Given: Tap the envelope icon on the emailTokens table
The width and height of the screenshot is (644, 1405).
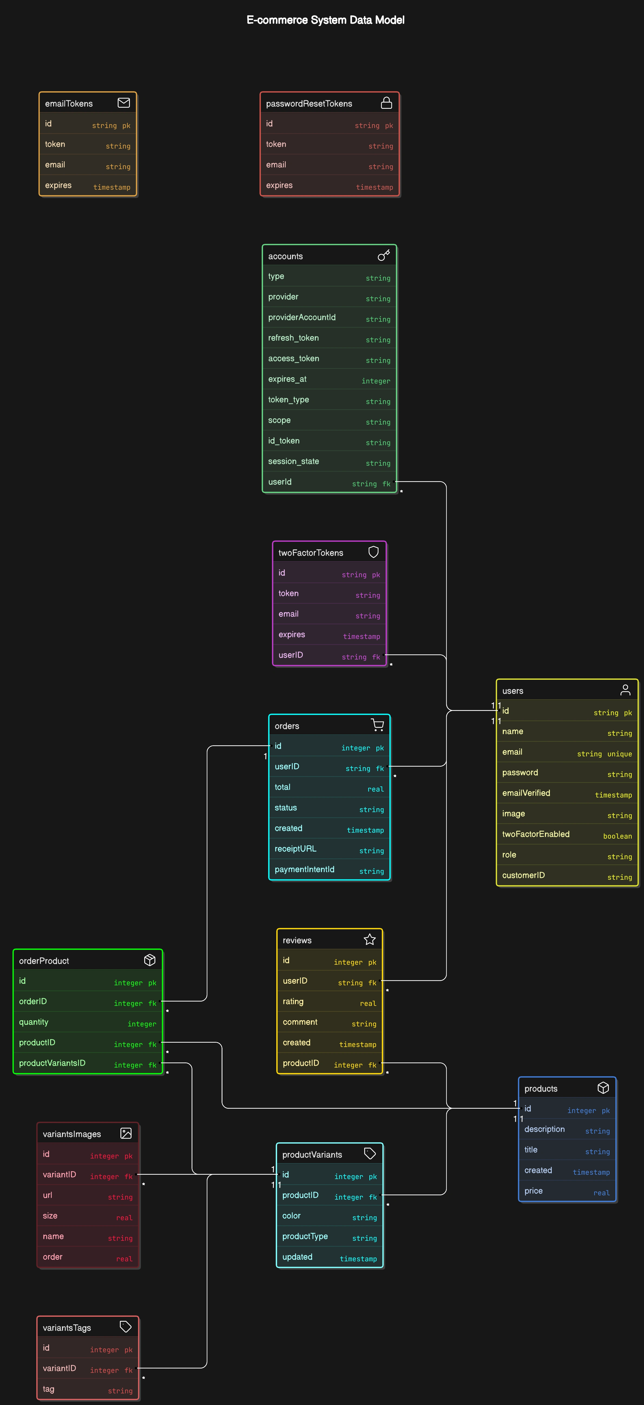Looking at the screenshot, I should pyautogui.click(x=124, y=103).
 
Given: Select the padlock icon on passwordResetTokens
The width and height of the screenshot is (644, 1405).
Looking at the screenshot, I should pyautogui.click(x=386, y=103).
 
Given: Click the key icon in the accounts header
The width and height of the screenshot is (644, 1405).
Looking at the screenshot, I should pyautogui.click(x=384, y=255).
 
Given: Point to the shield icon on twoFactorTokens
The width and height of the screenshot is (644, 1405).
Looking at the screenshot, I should pyautogui.click(x=373, y=552).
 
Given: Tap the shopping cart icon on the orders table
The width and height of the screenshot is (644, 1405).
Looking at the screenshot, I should pyautogui.click(x=377, y=725).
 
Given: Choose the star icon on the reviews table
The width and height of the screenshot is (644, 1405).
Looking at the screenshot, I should pyautogui.click(x=370, y=939).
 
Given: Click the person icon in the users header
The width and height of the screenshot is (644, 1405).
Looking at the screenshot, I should pyautogui.click(x=625, y=690).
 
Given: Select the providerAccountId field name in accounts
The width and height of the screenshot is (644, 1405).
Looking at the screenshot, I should pyautogui.click(x=301, y=317).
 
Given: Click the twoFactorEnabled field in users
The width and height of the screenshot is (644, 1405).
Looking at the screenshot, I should pyautogui.click(x=535, y=834).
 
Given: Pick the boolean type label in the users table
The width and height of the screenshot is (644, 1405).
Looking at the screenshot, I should pyautogui.click(x=617, y=836).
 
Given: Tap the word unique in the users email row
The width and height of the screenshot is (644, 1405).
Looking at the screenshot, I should pyautogui.click(x=619, y=754).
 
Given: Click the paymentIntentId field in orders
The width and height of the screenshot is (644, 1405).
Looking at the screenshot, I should pyautogui.click(x=304, y=869).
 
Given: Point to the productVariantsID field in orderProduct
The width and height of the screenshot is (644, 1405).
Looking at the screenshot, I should pyautogui.click(x=52, y=1063).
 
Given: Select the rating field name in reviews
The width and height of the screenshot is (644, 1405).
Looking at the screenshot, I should pyautogui.click(x=293, y=1002).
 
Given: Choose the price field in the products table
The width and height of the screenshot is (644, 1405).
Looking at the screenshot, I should pyautogui.click(x=533, y=1191).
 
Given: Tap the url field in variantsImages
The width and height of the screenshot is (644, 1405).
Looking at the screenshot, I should pyautogui.click(x=47, y=1195).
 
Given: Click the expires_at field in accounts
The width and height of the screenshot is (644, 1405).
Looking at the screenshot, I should pyautogui.click(x=287, y=379).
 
